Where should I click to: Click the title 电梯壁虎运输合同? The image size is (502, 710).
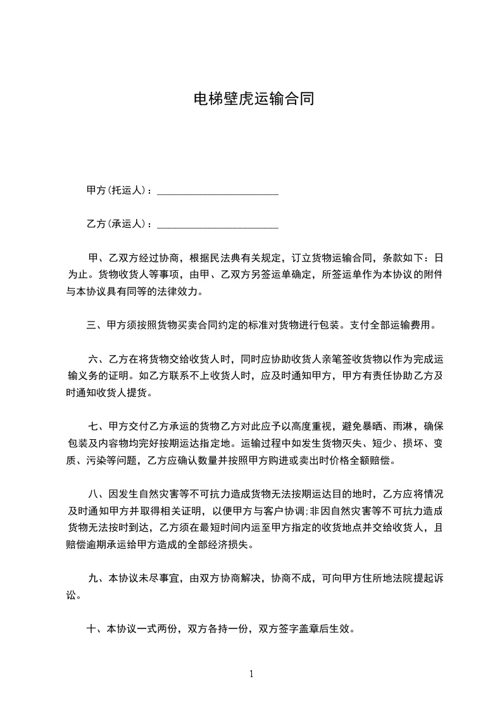[x=253, y=99]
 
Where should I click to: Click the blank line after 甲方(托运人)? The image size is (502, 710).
[x=217, y=190]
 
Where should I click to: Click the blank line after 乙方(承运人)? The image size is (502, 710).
[x=217, y=224]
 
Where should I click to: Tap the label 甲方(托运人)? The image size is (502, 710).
[x=117, y=190]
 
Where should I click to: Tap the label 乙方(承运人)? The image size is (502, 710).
[x=117, y=224]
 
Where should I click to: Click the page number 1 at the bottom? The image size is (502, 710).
[x=251, y=674]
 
